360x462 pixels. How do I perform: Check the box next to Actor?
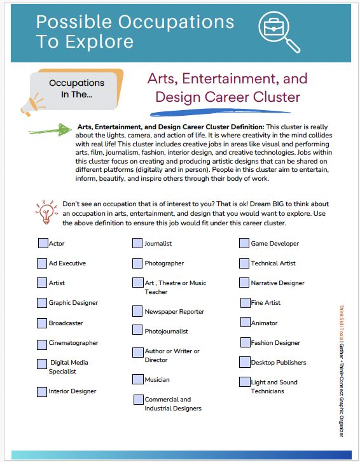pos(42,243)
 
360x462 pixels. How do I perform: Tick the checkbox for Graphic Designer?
pos(42,303)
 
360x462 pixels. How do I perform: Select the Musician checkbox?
pos(138,379)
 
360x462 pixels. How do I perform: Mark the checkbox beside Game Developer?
pos(244,243)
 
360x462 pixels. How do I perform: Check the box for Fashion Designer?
pos(245,342)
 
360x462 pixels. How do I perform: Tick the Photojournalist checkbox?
pos(138,330)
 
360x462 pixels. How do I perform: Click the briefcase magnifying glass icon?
pos(279,32)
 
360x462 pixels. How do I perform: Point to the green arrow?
pos(50,130)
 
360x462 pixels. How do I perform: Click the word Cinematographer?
pos(74,343)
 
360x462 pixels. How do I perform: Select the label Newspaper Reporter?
pos(174,312)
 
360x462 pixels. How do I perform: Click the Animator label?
pos(264,323)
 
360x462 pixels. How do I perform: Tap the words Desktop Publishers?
pos(279,363)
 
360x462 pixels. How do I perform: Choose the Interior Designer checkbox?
pos(42,391)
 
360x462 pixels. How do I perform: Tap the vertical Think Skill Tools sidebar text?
pos(342,369)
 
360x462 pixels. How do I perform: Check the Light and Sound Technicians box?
pos(245,382)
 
